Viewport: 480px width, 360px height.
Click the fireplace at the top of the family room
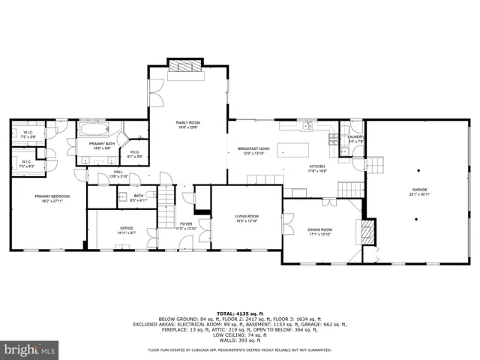coord(184,67)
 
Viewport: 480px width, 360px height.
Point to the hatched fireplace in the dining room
coord(367,232)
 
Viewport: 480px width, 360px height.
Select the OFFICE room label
coord(126,229)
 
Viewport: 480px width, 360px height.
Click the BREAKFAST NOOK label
coord(253,149)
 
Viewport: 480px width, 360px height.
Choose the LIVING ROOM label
coord(247,217)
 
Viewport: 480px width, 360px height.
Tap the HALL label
coord(118,172)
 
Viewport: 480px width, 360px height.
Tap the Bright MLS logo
coord(30,349)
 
